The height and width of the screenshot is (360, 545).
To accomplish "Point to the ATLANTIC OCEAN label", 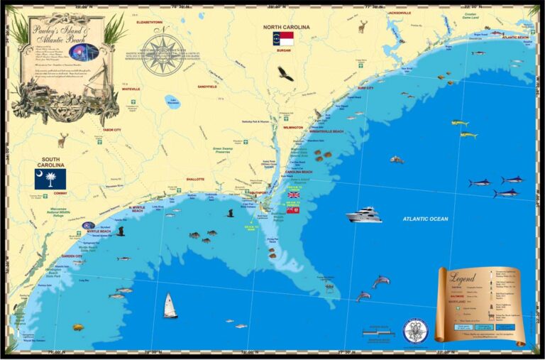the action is coord(425,219).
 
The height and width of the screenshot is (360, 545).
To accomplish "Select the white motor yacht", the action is coord(364,214).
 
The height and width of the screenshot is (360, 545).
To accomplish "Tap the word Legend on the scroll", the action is coord(463,278).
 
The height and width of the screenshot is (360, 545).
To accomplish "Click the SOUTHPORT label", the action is coord(258,192).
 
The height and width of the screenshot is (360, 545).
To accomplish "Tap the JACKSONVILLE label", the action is coord(400,13).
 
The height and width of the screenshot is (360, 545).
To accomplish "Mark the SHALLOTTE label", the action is coord(195,179).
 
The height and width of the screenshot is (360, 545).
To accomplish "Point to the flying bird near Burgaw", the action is coord(285,73).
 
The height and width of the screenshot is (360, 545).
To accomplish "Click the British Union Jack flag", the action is coord(294,195).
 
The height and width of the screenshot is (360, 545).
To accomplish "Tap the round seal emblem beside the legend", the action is coord(415,330).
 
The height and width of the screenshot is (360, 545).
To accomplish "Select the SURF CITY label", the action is coord(365,88).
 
